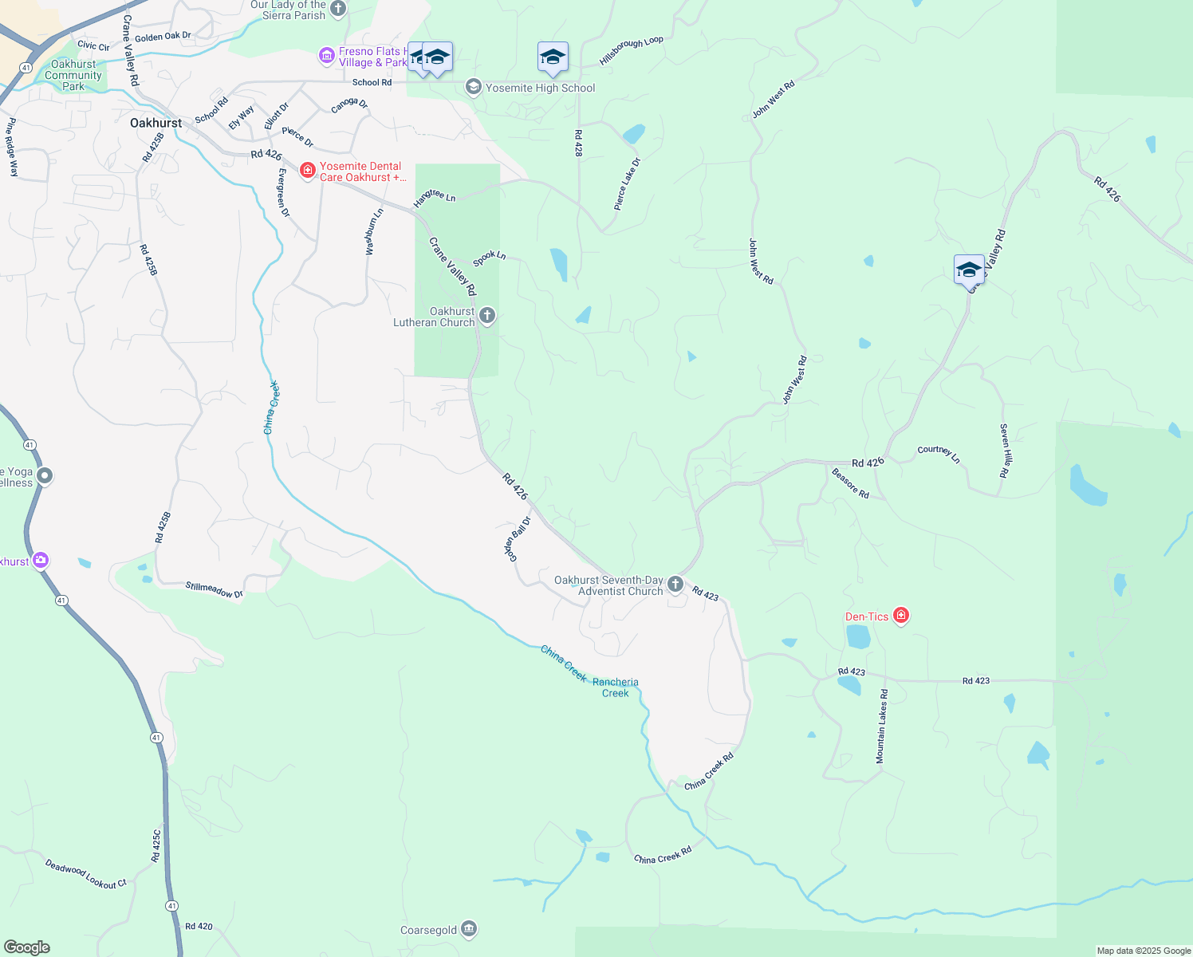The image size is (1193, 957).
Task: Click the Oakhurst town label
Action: click(156, 123)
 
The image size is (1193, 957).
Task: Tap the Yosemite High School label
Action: click(540, 88)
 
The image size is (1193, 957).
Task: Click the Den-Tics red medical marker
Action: click(901, 616)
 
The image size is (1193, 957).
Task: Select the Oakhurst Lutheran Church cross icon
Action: click(487, 316)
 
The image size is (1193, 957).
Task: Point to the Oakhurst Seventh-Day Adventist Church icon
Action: click(675, 585)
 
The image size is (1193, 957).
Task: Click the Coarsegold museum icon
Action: click(469, 929)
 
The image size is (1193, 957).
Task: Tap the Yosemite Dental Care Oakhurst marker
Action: click(308, 171)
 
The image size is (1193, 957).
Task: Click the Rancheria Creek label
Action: click(615, 687)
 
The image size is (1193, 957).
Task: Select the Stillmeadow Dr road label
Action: click(214, 590)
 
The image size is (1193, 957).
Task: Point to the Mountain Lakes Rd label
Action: click(881, 727)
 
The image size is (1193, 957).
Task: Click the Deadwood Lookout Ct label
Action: click(86, 874)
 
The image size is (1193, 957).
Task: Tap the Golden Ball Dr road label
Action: click(517, 539)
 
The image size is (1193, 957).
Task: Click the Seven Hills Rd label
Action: click(1006, 451)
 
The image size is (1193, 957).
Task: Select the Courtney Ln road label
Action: click(939, 453)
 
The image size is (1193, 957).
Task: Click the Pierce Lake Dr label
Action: click(627, 184)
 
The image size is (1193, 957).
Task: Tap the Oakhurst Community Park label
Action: click(73, 75)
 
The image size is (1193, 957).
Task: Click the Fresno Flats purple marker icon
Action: click(326, 56)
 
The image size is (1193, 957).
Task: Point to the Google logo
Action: click(27, 947)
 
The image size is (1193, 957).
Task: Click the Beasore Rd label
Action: click(850, 483)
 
